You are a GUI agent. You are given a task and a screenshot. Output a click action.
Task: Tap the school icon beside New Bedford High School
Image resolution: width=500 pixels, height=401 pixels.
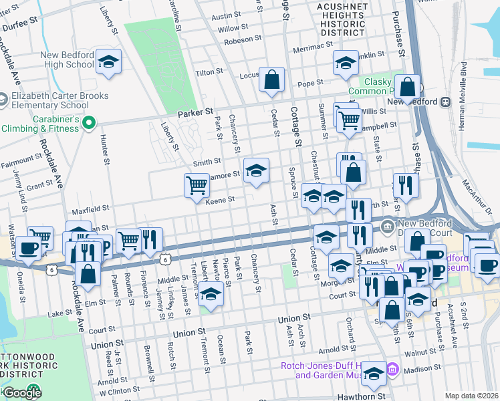(108, 61)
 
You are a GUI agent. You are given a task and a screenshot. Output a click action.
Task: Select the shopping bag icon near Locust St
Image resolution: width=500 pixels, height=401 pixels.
(272, 80)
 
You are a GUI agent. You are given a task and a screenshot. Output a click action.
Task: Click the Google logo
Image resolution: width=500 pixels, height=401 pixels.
(21, 393)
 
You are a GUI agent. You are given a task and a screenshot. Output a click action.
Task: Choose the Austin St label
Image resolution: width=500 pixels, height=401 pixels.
(225, 15)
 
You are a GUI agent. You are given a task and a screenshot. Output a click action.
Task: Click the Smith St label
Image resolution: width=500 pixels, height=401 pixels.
(207, 162)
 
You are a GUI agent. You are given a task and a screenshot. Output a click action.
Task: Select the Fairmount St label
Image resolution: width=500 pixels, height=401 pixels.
(22, 161)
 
